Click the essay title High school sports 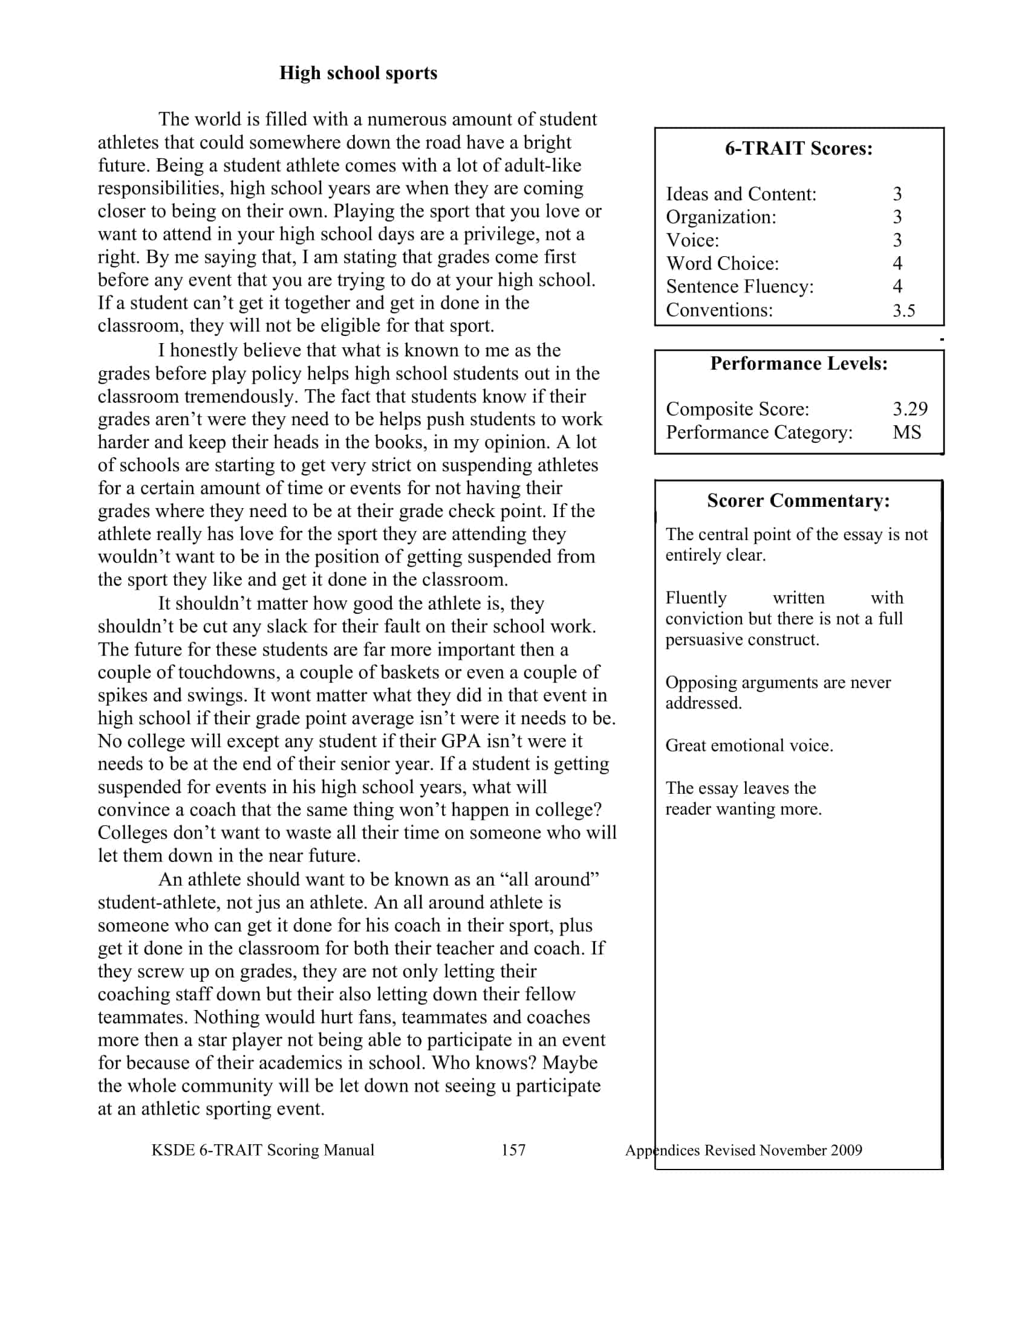(358, 73)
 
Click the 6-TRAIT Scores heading (798, 149)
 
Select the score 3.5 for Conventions (904, 311)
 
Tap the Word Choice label (722, 263)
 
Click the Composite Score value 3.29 (910, 409)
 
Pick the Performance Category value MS (907, 432)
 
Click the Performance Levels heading (798, 363)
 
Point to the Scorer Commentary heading (798, 500)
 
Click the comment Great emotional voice (749, 745)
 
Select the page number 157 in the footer (513, 1150)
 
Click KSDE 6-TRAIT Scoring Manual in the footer (262, 1150)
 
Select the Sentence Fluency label (740, 286)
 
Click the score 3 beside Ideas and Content (897, 194)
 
